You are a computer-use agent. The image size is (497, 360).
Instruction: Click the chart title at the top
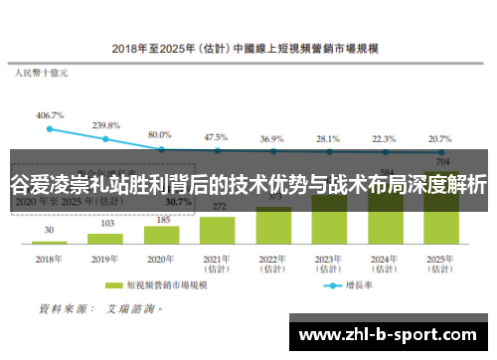(248, 47)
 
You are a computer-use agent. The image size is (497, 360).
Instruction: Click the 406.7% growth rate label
(50, 115)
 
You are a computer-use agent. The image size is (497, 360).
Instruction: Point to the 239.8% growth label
(105, 125)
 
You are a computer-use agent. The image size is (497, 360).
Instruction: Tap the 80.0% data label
(160, 133)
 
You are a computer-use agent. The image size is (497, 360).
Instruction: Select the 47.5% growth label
(216, 136)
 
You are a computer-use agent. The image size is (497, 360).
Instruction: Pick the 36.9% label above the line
(272, 138)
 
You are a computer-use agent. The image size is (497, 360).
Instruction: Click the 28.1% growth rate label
(328, 138)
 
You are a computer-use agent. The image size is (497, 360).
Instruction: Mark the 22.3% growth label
(384, 138)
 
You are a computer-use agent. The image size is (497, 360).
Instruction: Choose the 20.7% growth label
(439, 138)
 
